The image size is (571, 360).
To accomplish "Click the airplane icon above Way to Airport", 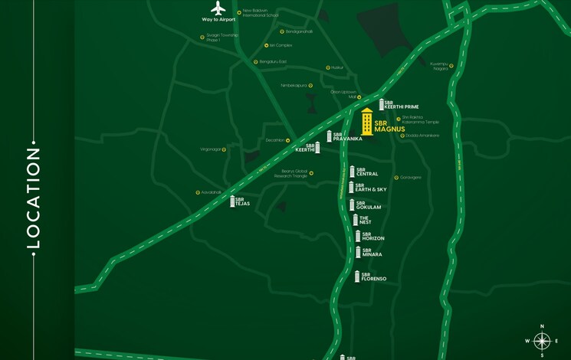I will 218,8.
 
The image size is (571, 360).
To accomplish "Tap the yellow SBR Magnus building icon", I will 367,123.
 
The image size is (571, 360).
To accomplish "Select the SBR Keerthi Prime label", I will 401,104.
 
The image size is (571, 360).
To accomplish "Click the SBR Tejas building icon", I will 232,201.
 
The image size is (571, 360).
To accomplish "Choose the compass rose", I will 542,341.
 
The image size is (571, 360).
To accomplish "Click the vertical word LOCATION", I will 33,198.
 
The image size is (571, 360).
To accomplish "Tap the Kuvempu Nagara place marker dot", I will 451,66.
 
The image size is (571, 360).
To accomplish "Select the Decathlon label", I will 274,140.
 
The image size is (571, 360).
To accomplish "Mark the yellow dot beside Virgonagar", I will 225,149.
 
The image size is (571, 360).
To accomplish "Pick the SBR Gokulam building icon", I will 352,205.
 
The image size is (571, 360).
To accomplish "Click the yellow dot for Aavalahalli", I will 225,192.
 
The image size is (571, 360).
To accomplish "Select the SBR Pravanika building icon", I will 329,136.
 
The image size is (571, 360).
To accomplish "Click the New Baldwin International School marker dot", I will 238,11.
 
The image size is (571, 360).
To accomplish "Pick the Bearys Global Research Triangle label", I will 288,173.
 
